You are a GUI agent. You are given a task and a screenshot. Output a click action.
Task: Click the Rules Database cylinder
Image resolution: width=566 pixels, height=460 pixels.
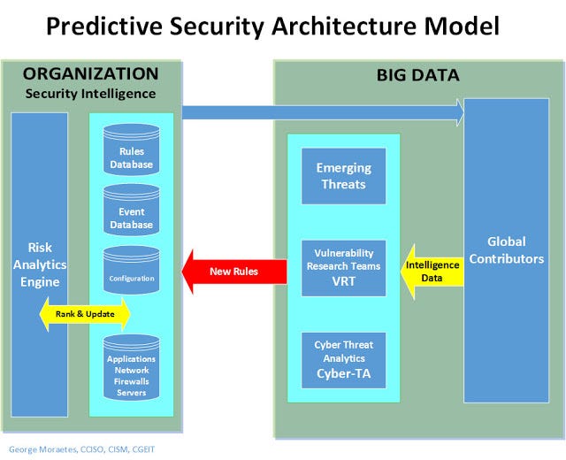[132, 149]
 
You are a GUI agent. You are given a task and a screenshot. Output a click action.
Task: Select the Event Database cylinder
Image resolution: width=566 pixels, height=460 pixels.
[132, 210]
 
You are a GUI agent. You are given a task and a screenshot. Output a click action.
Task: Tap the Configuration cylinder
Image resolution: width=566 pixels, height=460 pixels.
[132, 270]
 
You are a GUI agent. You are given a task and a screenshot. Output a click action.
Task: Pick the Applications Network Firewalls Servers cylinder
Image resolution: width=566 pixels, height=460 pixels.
[132, 368]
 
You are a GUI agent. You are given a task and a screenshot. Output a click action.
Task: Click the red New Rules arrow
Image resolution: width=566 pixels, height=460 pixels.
[234, 272]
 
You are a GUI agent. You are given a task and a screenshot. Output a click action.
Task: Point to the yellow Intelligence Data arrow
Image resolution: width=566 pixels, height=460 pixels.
[432, 272]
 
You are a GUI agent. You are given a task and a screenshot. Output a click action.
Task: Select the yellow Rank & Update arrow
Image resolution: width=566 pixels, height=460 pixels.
[85, 314]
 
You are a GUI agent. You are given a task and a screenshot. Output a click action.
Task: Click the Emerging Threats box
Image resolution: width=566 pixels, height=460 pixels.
[344, 176]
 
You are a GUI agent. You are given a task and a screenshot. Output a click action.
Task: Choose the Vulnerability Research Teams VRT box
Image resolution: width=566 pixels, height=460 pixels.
[344, 268]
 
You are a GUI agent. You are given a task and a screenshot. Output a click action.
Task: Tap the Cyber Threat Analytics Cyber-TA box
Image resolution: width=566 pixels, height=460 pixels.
[344, 360]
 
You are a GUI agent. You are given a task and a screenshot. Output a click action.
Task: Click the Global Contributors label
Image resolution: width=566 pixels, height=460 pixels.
[507, 250]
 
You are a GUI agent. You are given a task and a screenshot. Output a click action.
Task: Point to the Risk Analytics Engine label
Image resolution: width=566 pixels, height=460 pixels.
[40, 264]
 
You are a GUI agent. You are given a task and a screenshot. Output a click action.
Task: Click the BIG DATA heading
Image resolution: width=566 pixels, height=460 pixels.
[418, 75]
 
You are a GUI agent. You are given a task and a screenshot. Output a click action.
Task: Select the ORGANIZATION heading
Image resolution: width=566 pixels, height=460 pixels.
[90, 73]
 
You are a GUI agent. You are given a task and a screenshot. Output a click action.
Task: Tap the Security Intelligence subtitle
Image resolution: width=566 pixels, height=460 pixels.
[90, 94]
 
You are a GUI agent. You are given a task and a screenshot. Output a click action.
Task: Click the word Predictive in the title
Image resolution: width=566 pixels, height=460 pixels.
[104, 26]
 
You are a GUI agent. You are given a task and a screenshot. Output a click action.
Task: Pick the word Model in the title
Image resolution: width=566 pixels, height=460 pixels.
[462, 26]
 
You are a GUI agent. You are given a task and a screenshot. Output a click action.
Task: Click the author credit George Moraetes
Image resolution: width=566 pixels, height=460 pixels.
[43, 449]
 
